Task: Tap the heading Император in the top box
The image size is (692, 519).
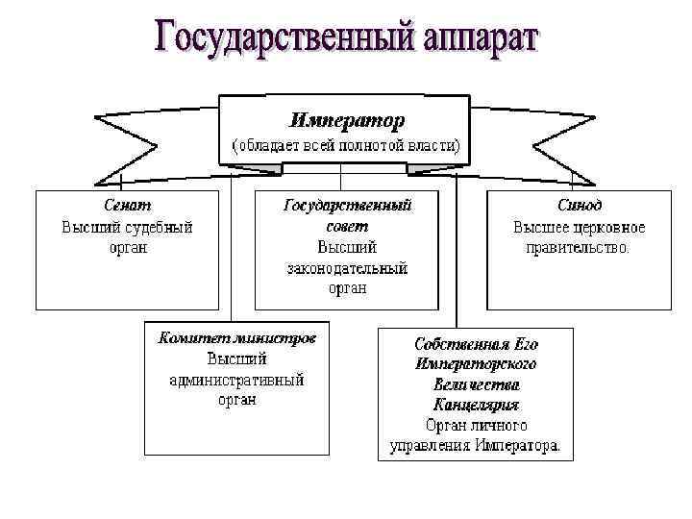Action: pyautogui.click(x=347, y=120)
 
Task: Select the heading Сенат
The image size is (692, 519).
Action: pyautogui.click(x=128, y=206)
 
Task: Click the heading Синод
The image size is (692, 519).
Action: pyautogui.click(x=580, y=206)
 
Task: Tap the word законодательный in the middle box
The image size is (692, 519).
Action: pyautogui.click(x=347, y=267)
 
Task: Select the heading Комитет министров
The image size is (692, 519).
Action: pyautogui.click(x=236, y=340)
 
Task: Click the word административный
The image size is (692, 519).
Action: pyautogui.click(x=236, y=380)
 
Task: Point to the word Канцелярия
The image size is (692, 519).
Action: pyautogui.click(x=476, y=404)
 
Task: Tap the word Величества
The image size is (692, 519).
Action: pyautogui.click(x=476, y=383)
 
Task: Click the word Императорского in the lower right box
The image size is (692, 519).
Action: pyautogui.click(x=476, y=363)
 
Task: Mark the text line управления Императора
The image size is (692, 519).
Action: pyautogui.click(x=475, y=445)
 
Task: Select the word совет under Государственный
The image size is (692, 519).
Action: pyautogui.click(x=347, y=226)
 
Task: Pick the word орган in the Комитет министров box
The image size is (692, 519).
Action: pyautogui.click(x=236, y=400)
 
